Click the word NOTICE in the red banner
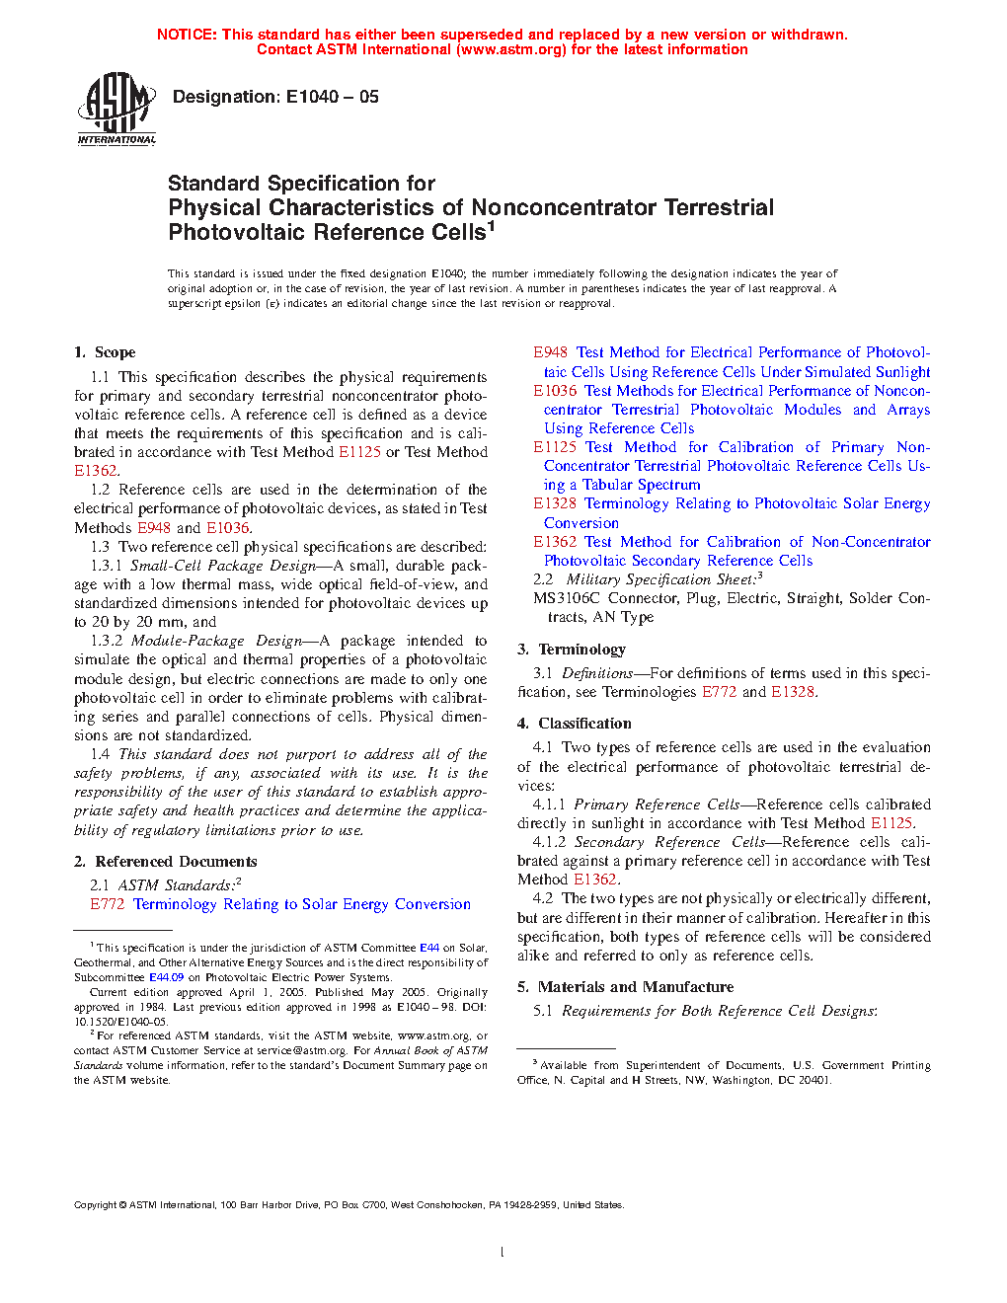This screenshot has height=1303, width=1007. pos(187,35)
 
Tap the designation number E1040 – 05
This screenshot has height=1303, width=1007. pos(332,97)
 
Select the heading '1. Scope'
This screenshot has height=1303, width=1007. pos(105,352)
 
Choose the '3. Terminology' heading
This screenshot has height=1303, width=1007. pos(572,650)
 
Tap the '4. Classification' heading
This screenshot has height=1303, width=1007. pos(575,724)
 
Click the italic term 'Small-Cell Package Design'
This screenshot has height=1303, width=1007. pos(209,566)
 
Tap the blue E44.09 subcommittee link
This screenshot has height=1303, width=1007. pos(167,977)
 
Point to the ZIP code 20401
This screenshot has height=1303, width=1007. pos(813,1080)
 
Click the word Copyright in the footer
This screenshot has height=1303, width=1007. pos(95,1204)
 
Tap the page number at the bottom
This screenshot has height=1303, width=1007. pos(503,1253)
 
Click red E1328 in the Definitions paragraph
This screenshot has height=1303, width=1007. pos(793,692)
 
